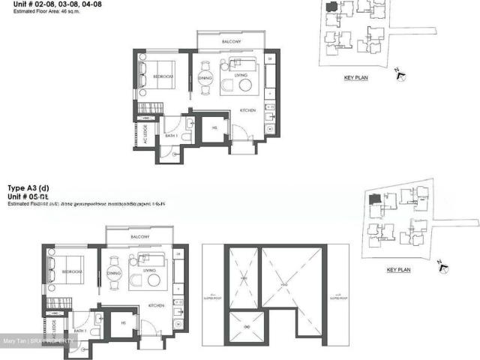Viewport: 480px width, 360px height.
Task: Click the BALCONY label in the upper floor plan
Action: click(231, 43)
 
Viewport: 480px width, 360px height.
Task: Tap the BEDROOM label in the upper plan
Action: click(163, 76)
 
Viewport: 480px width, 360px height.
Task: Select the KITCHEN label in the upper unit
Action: click(248, 111)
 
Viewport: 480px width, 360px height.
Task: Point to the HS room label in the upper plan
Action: click(214, 128)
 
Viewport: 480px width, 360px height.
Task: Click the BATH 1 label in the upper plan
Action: click(172, 136)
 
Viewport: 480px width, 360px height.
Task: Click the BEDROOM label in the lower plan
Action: click(72, 271)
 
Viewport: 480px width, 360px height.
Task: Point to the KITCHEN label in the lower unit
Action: click(157, 305)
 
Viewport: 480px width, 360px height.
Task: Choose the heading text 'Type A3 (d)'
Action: click(28, 187)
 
